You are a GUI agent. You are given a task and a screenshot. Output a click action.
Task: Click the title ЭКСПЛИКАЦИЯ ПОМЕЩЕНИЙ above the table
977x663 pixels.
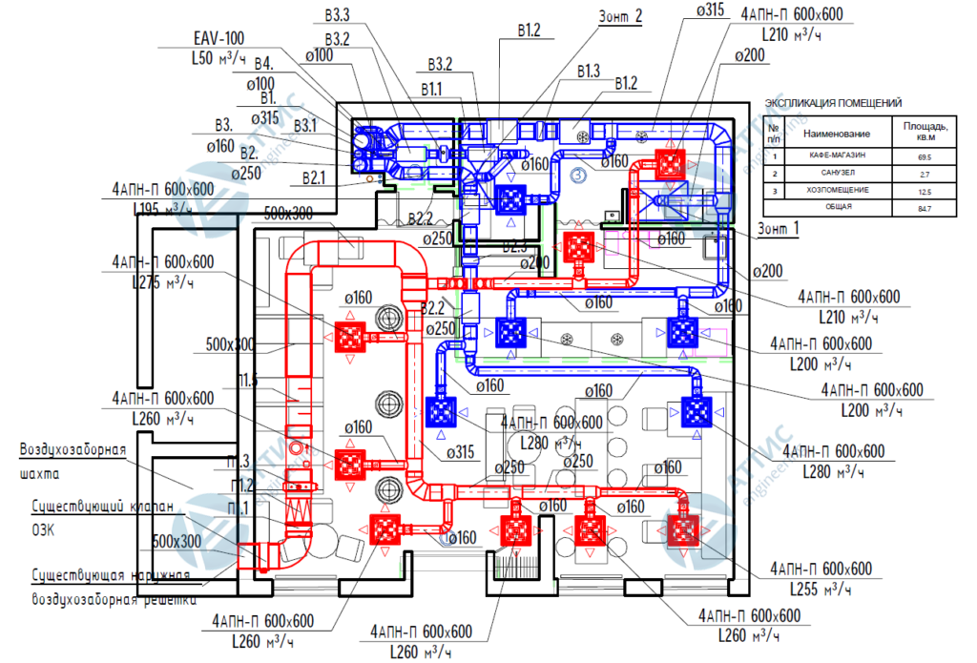[x=833, y=103]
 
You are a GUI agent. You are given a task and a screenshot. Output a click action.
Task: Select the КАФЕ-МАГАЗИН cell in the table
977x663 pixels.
[x=832, y=155]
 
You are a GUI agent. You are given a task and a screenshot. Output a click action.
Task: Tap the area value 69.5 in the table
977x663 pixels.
[x=924, y=155]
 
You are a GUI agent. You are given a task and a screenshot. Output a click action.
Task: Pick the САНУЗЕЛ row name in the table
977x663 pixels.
[x=832, y=174]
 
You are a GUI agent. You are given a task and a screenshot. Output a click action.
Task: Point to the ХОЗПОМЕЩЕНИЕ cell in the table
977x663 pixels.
[x=832, y=191]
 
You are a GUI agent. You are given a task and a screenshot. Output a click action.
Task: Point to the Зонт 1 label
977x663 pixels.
[x=780, y=229]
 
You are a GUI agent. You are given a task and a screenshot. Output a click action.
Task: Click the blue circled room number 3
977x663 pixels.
[x=576, y=175]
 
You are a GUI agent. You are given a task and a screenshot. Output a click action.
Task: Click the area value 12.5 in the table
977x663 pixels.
[x=924, y=191]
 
